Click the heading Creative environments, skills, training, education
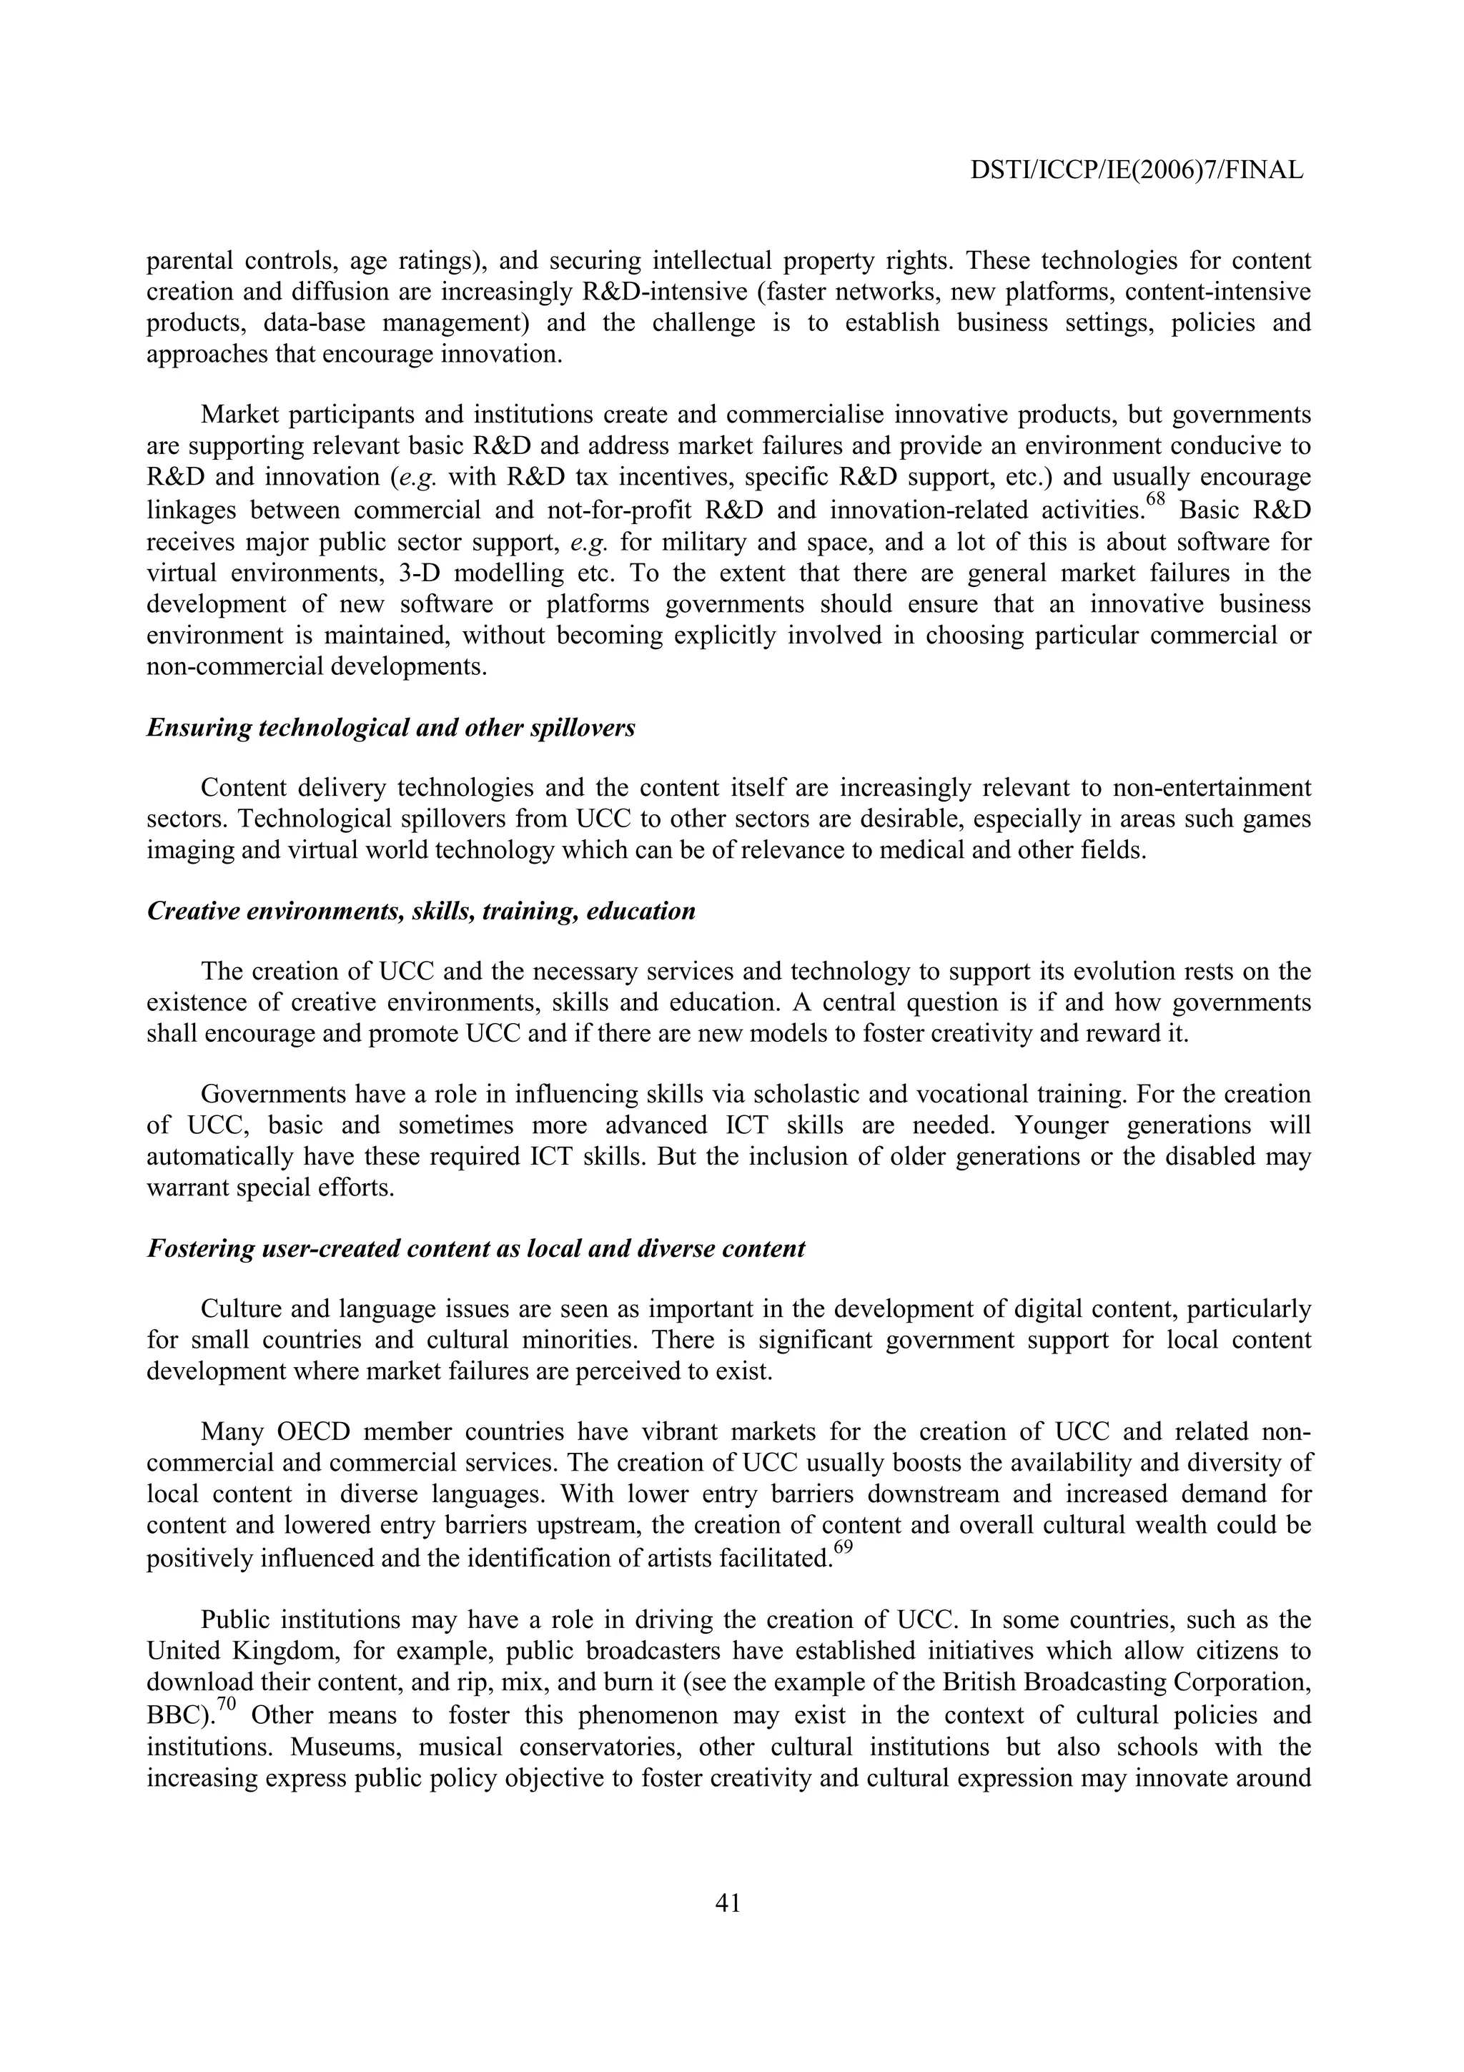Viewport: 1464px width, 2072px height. click(x=420, y=912)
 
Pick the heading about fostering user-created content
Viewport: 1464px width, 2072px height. click(x=475, y=1249)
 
